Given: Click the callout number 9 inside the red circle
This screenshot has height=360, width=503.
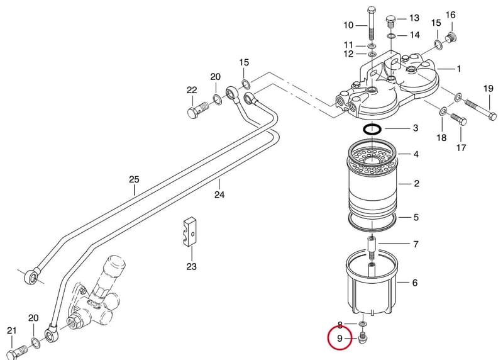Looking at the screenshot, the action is pyautogui.click(x=340, y=338).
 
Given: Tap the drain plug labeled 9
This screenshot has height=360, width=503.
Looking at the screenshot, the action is pyautogui.click(x=363, y=338).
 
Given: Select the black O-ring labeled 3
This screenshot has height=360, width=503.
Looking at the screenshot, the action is pyautogui.click(x=372, y=129).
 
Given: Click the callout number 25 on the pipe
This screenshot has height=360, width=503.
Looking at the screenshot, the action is pyautogui.click(x=134, y=179).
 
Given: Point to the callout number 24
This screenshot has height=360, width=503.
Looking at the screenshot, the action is pyautogui.click(x=219, y=194).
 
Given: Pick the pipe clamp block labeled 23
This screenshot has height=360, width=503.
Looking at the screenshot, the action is pyautogui.click(x=190, y=232).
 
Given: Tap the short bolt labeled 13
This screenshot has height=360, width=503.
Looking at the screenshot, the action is pyautogui.click(x=390, y=21).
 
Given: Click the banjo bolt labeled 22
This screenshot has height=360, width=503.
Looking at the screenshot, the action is pyautogui.click(x=197, y=109).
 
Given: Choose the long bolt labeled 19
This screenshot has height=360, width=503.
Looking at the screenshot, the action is pyautogui.click(x=480, y=109).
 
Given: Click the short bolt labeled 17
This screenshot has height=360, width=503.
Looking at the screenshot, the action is pyautogui.click(x=459, y=118).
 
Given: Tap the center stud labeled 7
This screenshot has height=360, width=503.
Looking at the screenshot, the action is pyautogui.click(x=372, y=247).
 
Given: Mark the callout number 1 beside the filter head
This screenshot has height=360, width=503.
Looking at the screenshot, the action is pyautogui.click(x=459, y=69).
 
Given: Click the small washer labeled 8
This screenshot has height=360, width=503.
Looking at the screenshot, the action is pyautogui.click(x=363, y=323).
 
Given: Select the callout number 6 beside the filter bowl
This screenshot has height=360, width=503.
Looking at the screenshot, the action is pyautogui.click(x=415, y=283).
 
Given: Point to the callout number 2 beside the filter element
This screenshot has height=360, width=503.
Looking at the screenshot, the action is pyautogui.click(x=416, y=183).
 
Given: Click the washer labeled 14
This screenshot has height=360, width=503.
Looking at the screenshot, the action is pyautogui.click(x=390, y=35).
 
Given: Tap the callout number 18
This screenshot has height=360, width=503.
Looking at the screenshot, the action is pyautogui.click(x=441, y=137).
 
